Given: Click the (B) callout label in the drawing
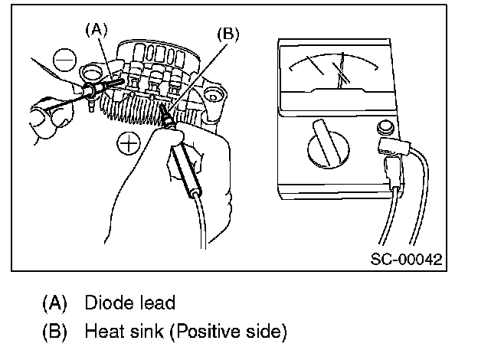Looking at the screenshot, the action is click(x=228, y=34).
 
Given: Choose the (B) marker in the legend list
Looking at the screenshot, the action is click(x=53, y=332).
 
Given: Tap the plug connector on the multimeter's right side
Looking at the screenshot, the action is click(x=391, y=157).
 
